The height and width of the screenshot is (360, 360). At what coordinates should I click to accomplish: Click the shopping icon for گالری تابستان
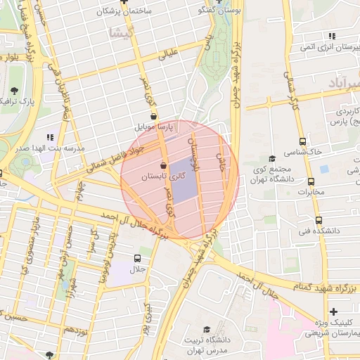(163, 165)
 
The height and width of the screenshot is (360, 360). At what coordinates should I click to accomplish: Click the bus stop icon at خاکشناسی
(302, 141)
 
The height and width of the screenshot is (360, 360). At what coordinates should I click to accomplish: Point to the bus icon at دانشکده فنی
(319, 220)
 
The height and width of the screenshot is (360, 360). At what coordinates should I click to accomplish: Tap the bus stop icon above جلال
(137, 257)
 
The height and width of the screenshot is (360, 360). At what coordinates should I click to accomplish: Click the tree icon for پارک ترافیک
(15, 91)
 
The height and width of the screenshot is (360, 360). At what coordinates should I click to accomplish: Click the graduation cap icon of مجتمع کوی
(272, 159)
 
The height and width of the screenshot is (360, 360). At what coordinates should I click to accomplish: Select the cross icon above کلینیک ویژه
(333, 311)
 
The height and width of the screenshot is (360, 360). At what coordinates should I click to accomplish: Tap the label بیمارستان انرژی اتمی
(329, 47)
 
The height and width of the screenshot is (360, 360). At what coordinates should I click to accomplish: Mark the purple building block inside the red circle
(181, 181)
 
